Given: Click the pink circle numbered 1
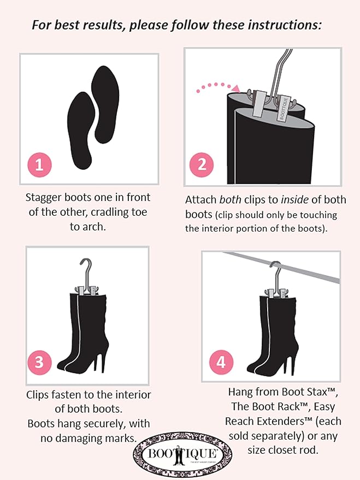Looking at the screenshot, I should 39,165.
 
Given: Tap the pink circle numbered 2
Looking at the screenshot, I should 202,165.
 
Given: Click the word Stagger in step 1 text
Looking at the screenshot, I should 46,197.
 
